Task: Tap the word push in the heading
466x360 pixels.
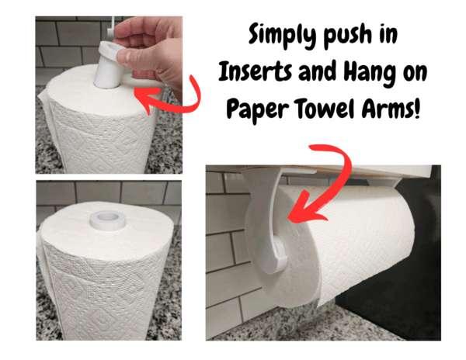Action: pos(348,36)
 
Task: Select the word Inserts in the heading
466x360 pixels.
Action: pos(255,71)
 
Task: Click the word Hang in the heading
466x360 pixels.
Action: pos(370,73)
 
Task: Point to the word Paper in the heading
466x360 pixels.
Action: pos(257,109)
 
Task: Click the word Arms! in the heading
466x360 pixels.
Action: pos(391,107)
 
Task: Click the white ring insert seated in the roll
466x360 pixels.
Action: pos(107,220)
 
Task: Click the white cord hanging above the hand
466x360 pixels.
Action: pos(110,26)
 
